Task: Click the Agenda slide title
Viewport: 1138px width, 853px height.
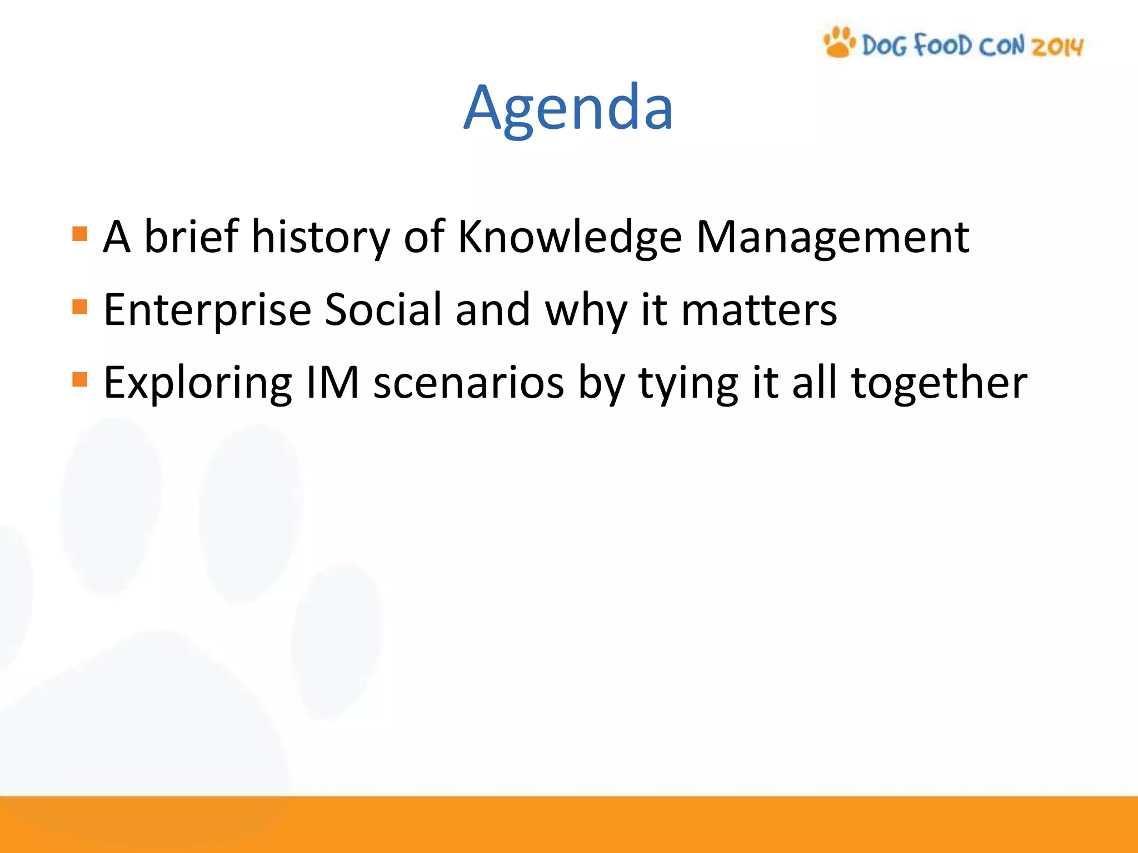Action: [x=568, y=108]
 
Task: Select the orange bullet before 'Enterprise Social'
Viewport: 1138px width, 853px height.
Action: [x=80, y=307]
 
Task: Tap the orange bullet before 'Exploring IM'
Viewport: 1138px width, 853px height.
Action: [x=80, y=379]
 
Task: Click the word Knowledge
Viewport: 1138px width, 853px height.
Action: [x=569, y=237]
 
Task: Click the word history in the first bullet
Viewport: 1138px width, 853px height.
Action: [x=321, y=237]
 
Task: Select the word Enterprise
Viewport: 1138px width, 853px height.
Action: [x=207, y=310]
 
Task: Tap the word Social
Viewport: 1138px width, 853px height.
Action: [x=383, y=310]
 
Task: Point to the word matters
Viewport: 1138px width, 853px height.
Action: [x=758, y=310]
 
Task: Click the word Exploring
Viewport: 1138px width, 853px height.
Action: [x=198, y=383]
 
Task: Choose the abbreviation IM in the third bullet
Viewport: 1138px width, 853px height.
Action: [x=333, y=383]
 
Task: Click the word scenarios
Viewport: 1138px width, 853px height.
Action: [x=468, y=383]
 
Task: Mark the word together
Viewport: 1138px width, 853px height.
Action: [x=939, y=383]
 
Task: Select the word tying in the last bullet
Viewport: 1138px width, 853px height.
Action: [x=688, y=383]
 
